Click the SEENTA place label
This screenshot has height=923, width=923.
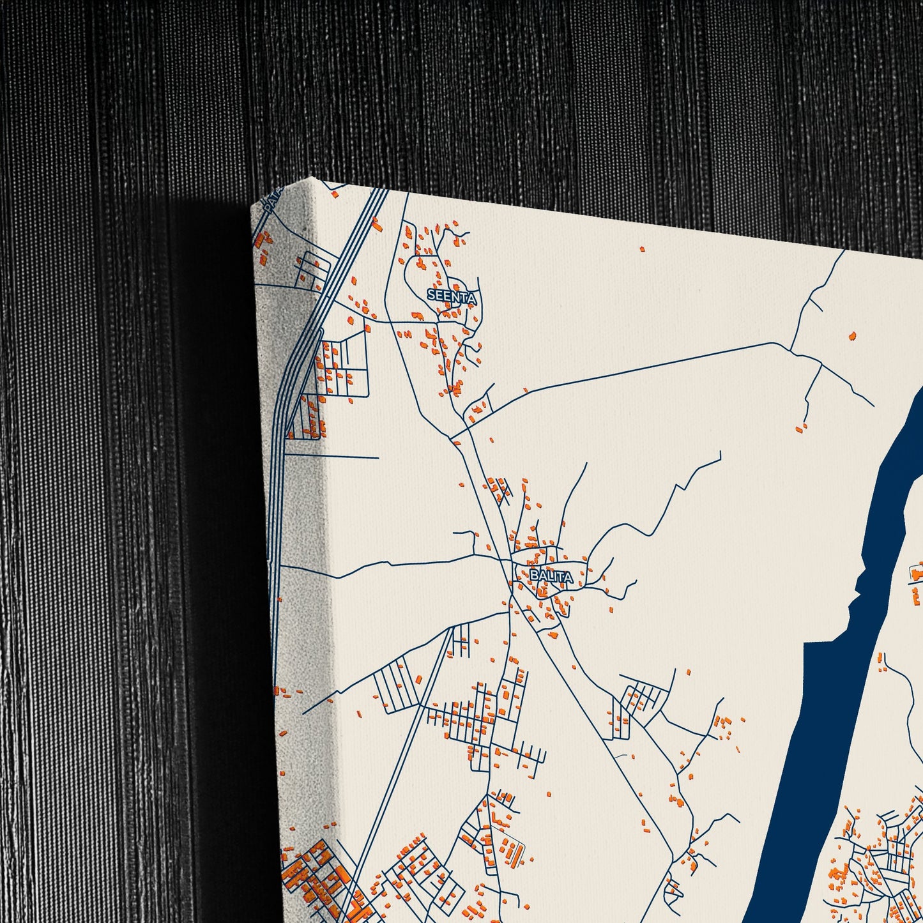point(452,296)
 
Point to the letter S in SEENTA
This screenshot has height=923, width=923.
point(431,296)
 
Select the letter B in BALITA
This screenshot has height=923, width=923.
point(533,576)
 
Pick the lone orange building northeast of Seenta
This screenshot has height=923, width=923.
point(642,249)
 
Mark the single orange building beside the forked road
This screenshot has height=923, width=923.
point(851,335)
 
